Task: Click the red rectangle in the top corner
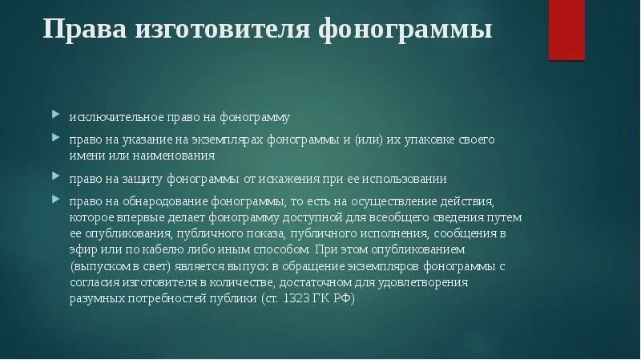click(566, 30)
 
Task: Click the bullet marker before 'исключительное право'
click(56, 115)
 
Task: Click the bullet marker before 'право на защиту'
click(56, 176)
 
